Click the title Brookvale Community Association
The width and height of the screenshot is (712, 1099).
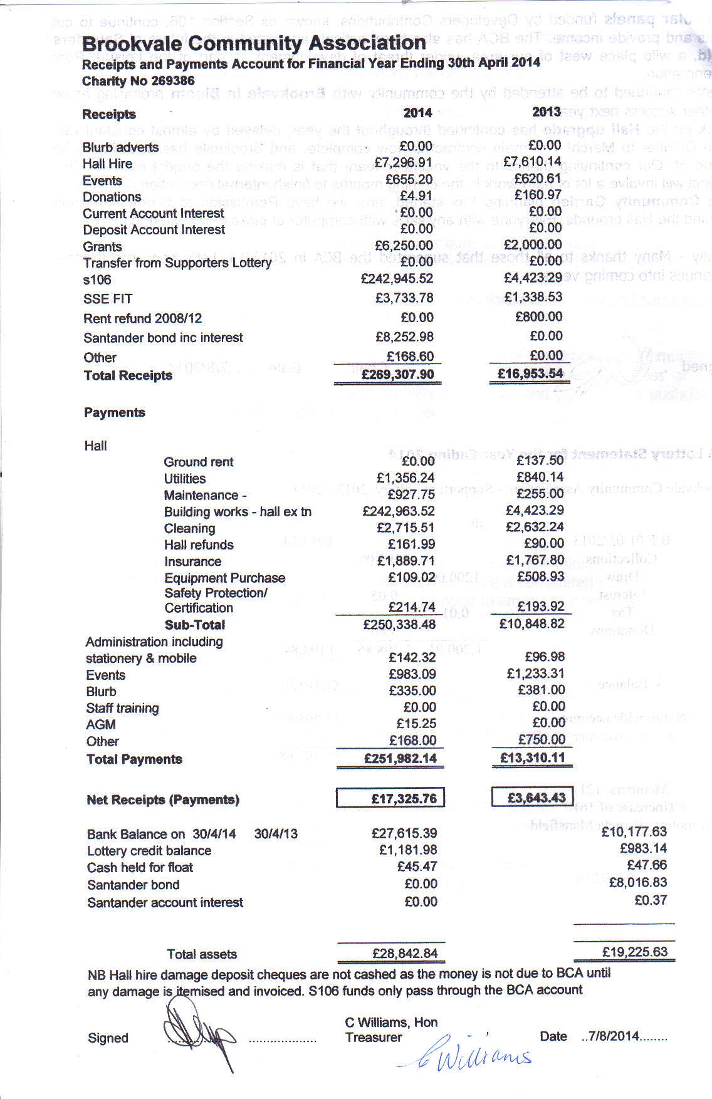pos(254,43)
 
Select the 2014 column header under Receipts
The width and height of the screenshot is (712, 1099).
pos(417,113)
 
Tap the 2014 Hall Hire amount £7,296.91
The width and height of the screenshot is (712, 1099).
pos(403,163)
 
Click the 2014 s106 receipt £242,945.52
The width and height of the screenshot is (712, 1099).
pos(397,278)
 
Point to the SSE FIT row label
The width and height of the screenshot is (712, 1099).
pos(108,299)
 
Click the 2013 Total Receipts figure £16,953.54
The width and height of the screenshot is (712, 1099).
pos(530,374)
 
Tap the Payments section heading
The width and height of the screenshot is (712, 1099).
pos(115,412)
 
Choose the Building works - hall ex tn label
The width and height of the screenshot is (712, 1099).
pos(238,511)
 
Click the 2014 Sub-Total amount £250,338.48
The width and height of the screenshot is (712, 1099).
pos(399,624)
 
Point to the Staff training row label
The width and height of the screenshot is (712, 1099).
pos(122,708)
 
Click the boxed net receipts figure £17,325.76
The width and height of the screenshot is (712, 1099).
pos(391,798)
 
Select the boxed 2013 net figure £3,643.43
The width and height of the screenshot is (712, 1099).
pos(532,798)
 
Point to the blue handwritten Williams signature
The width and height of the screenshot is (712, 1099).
pos(467,1058)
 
